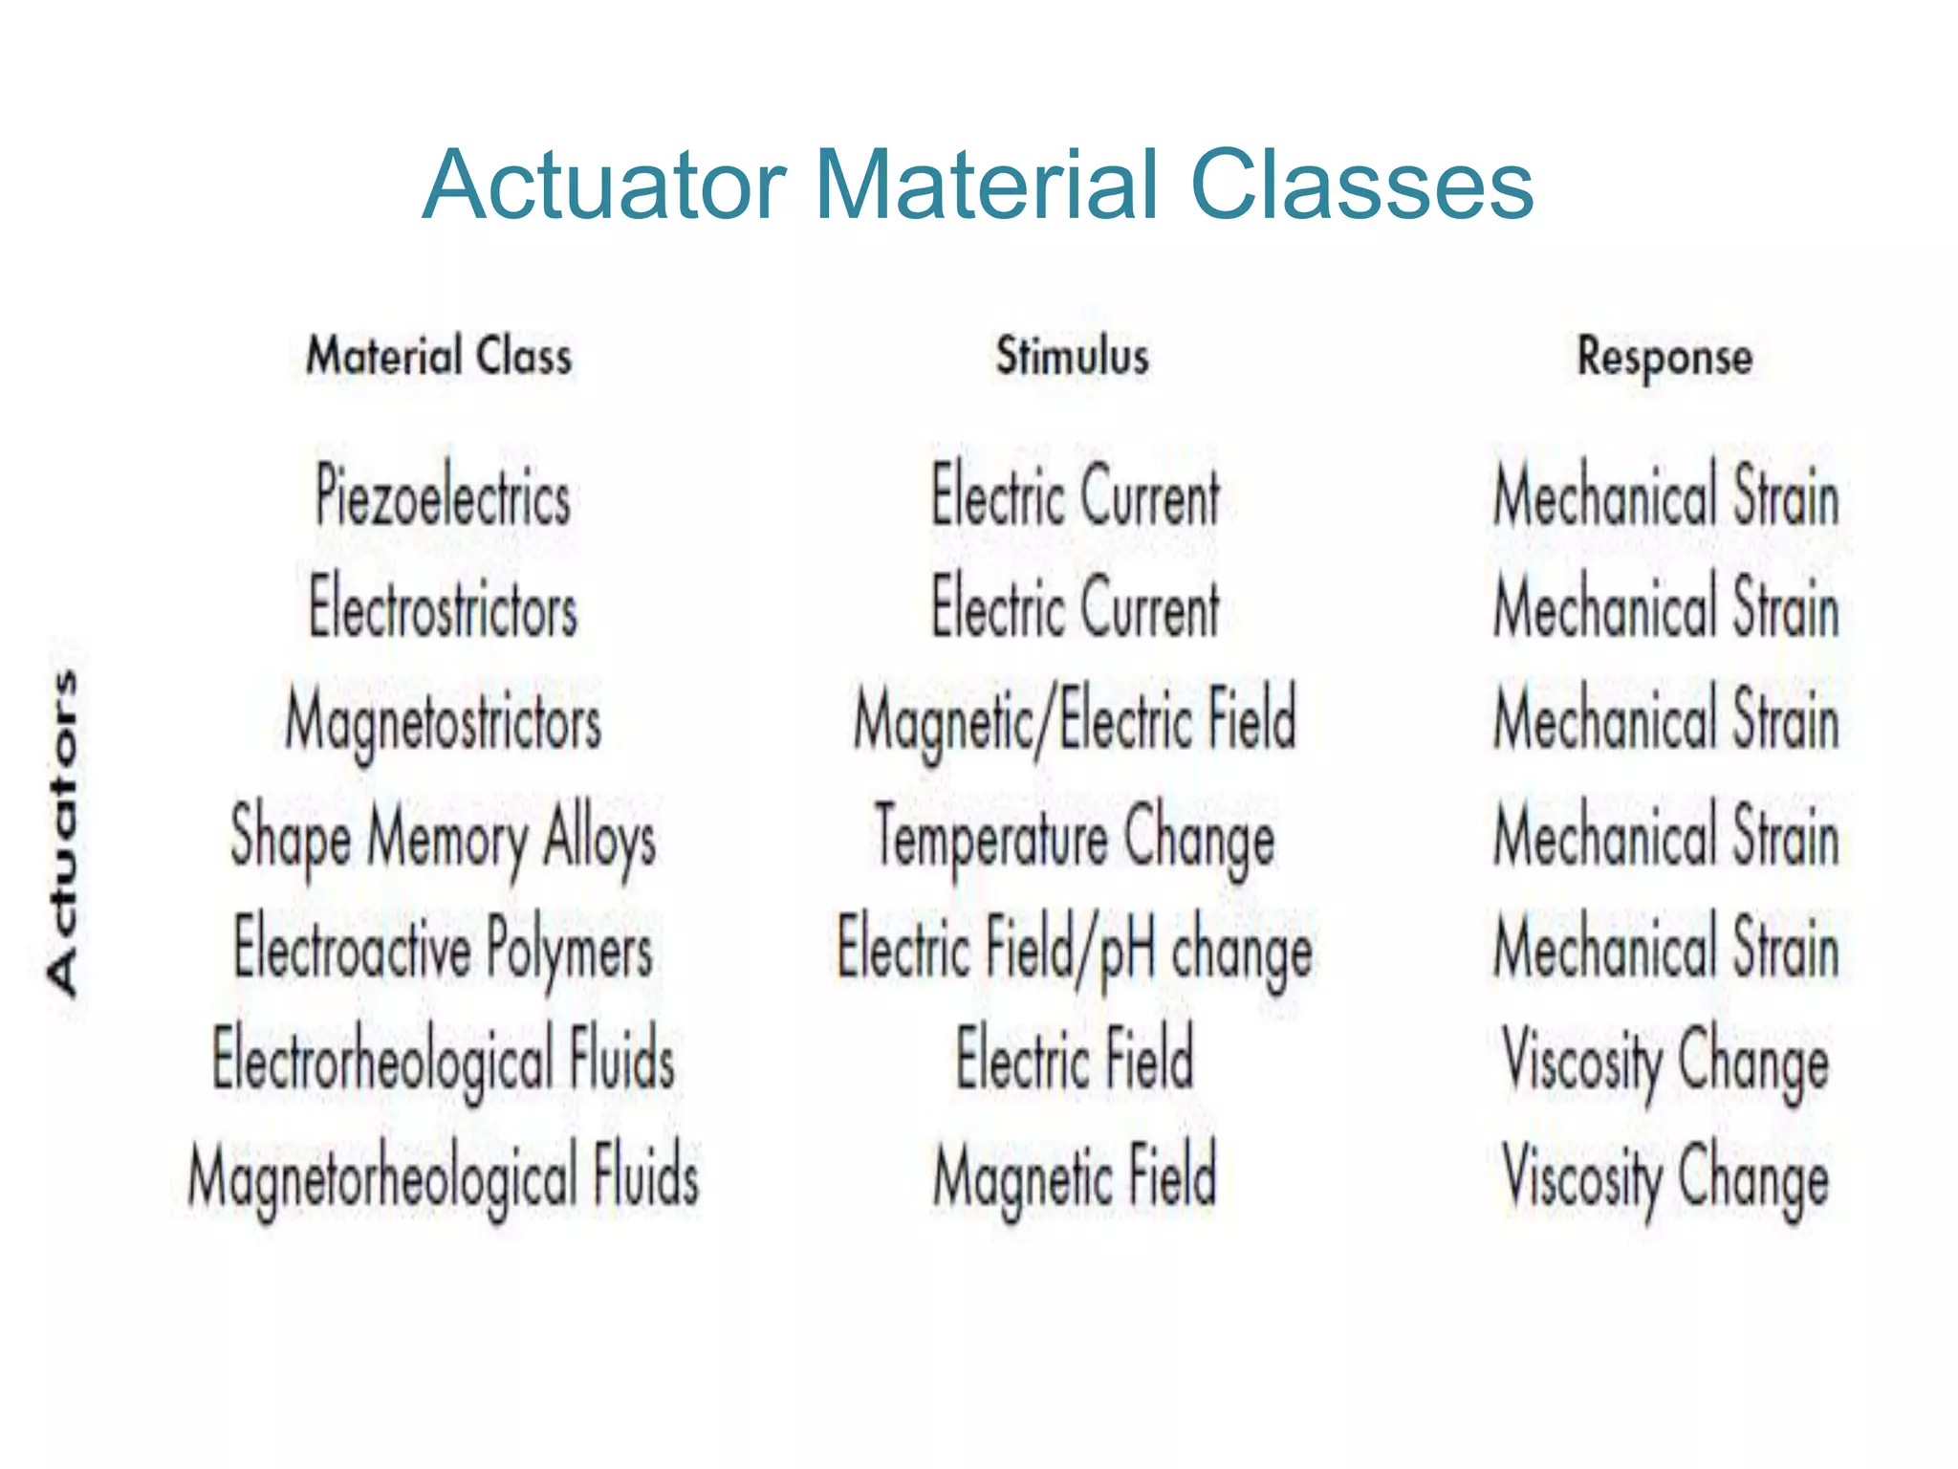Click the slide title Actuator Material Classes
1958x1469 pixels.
[977, 184]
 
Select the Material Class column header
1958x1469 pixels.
[439, 356]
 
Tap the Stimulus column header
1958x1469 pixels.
[1073, 356]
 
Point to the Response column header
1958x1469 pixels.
[1664, 358]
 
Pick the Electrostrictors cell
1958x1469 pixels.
[443, 608]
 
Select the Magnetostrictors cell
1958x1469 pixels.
[443, 721]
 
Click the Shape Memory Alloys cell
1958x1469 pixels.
[443, 838]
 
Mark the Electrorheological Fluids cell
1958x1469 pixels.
[443, 1062]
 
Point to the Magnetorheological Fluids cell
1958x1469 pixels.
[443, 1176]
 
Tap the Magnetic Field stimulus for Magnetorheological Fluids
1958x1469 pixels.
[1075, 1176]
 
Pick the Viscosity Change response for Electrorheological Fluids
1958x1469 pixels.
[1665, 1062]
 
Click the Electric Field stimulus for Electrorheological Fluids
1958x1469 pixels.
[1075, 1060]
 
